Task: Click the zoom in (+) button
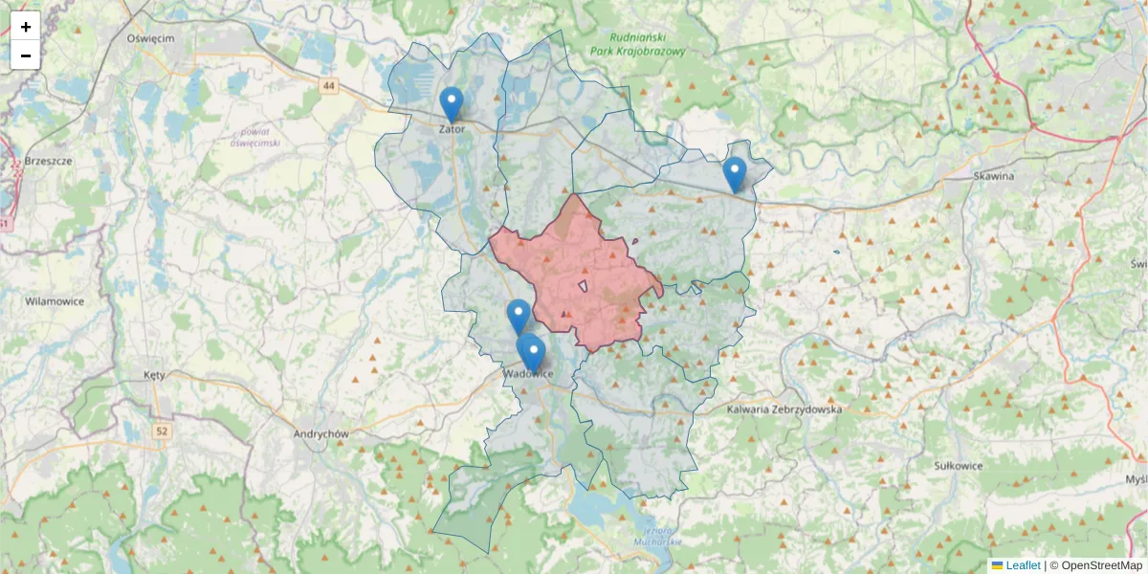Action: [26, 27]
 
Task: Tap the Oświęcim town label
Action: [149, 38]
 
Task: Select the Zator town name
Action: [452, 128]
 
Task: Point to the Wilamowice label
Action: [55, 300]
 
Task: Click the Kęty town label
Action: [153, 375]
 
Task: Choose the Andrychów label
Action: [320, 432]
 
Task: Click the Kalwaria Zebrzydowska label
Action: [784, 409]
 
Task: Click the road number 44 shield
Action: [329, 86]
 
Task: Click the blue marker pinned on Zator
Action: [451, 102]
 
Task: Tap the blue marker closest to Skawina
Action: [734, 173]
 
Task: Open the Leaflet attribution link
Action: [1022, 565]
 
